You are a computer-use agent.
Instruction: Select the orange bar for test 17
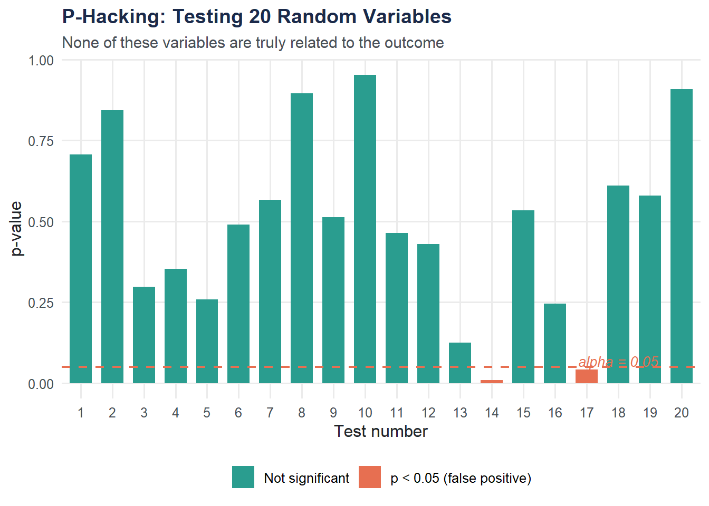tap(587, 376)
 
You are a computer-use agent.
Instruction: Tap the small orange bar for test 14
tap(492, 381)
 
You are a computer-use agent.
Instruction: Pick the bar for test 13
tap(460, 363)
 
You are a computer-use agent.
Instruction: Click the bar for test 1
tap(81, 269)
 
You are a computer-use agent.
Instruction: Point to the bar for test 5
tap(207, 342)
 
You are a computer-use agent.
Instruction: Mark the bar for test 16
tap(555, 344)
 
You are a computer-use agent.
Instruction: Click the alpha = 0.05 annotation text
tap(618, 362)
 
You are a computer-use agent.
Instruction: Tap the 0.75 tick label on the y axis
tap(41, 141)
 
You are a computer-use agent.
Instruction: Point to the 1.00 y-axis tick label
tap(41, 60)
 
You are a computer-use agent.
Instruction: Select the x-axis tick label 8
tap(302, 413)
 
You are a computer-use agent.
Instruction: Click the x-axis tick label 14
tap(492, 413)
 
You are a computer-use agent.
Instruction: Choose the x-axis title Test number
tap(381, 432)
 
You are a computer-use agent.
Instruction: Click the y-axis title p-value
tap(17, 228)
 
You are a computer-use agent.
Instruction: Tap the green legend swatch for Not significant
tap(243, 477)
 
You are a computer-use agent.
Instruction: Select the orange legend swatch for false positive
tap(370, 477)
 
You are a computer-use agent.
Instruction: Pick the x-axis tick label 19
tap(650, 413)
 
